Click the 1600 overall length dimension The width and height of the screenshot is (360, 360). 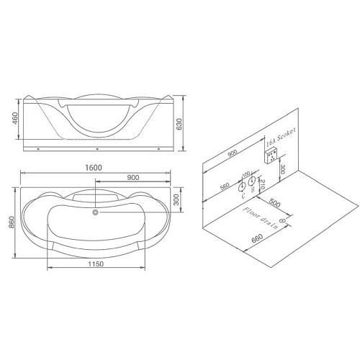tap(93, 167)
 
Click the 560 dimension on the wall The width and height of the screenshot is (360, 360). tap(225, 188)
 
